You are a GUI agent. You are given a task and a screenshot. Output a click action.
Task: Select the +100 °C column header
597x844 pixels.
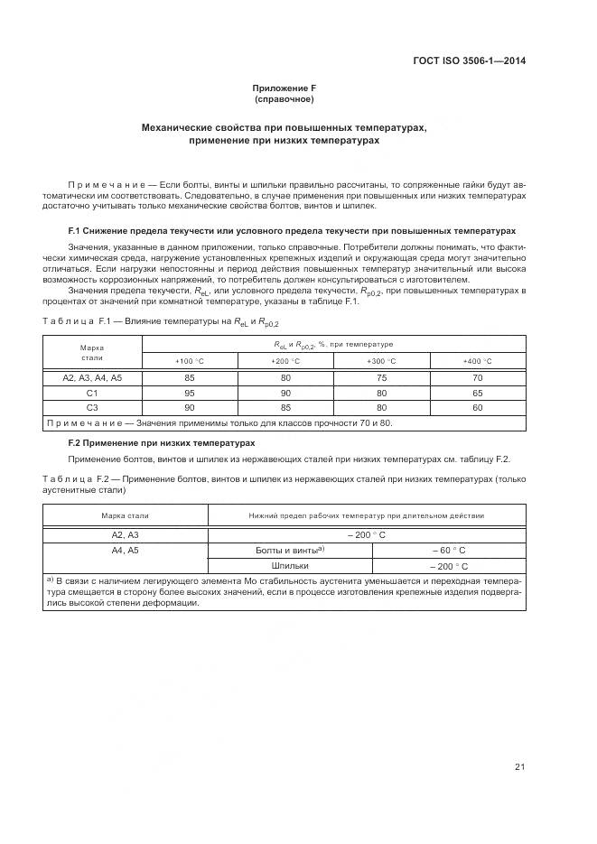click(189, 361)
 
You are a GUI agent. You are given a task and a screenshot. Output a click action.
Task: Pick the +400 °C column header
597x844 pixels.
click(478, 361)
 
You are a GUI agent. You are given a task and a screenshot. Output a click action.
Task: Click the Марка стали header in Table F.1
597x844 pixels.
click(92, 353)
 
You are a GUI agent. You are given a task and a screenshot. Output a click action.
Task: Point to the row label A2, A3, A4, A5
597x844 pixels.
click(92, 378)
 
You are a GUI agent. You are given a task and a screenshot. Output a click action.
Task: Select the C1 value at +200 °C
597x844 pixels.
click(285, 394)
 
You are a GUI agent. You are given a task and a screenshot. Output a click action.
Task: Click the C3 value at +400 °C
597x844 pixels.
click(478, 408)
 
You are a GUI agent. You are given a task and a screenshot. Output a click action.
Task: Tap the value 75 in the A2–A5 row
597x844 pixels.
click(381, 378)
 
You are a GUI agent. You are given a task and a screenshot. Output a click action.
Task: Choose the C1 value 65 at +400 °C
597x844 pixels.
click(478, 394)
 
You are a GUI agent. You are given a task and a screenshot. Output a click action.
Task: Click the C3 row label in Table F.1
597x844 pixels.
click(92, 408)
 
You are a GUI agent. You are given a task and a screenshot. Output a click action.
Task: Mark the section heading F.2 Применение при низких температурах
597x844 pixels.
click(162, 443)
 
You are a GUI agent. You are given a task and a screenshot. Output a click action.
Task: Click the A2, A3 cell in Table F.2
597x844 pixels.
click(125, 534)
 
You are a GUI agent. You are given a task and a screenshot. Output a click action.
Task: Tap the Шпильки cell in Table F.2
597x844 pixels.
click(285, 566)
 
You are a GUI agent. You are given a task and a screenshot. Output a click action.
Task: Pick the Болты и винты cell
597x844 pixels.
click(285, 550)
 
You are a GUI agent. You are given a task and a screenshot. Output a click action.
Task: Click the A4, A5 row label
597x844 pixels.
click(125, 550)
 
